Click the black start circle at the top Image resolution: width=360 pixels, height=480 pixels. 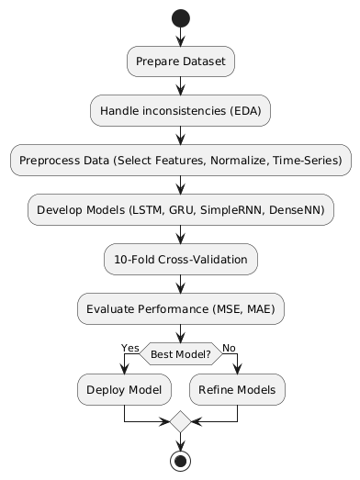(x=181, y=17)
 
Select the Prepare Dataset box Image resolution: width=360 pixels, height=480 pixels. (x=181, y=61)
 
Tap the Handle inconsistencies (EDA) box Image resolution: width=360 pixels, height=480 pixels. (x=181, y=111)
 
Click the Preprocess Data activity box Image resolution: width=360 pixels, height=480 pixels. (x=181, y=161)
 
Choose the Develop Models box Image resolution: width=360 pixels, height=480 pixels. (x=181, y=210)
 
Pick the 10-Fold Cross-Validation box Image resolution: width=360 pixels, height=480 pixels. (x=181, y=260)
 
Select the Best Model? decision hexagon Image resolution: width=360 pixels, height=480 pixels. (x=181, y=353)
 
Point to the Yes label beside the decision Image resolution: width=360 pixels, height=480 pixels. (x=130, y=347)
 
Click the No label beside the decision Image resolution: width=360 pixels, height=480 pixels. (x=229, y=347)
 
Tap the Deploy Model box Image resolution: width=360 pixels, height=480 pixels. (x=124, y=390)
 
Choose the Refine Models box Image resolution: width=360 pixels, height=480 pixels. (x=237, y=390)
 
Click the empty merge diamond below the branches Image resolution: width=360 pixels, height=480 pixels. (x=181, y=422)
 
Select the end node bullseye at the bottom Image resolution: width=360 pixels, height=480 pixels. (x=181, y=460)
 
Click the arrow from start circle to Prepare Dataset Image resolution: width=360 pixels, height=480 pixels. (x=181, y=37)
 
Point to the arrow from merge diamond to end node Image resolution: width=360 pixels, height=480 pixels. (x=181, y=441)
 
